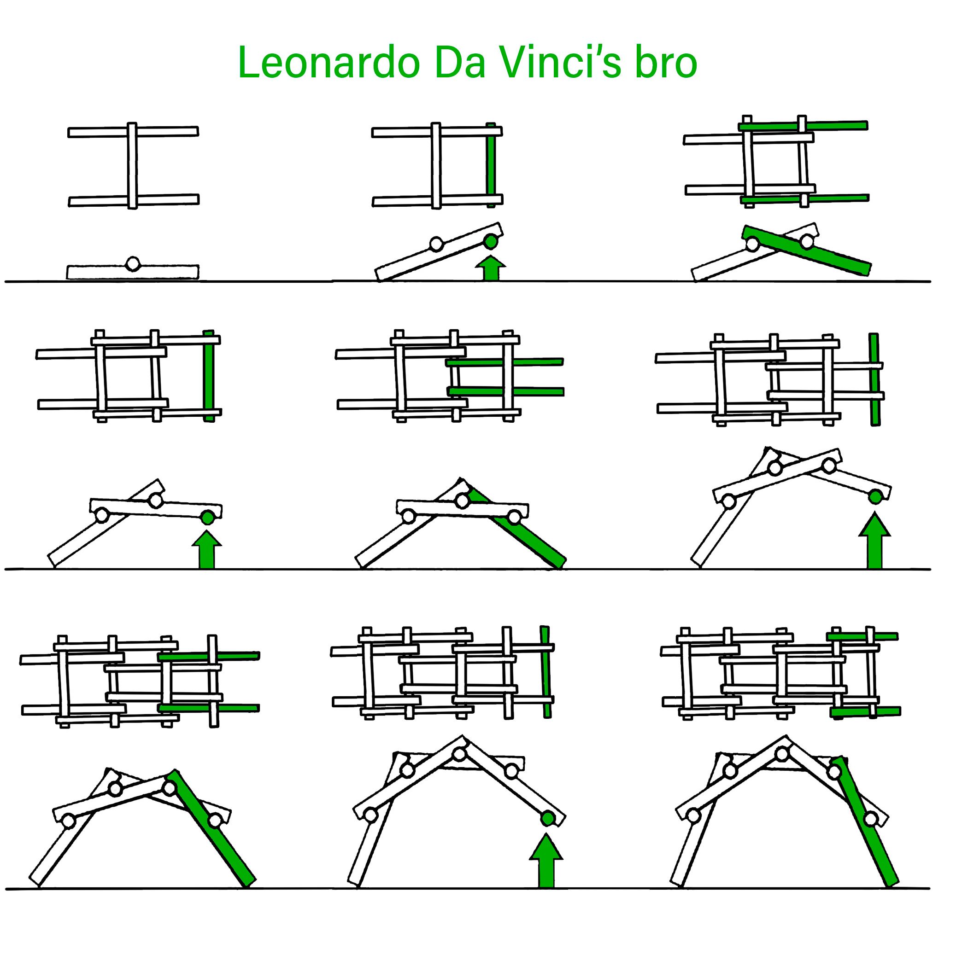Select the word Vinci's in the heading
[560, 63]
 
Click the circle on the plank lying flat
[132, 264]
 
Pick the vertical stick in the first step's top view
[132, 166]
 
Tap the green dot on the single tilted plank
[491, 242]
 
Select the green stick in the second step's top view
[491, 164]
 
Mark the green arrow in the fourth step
[207, 550]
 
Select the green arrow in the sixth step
[874, 543]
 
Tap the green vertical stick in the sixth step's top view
[874, 379]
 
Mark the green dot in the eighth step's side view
[548, 818]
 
